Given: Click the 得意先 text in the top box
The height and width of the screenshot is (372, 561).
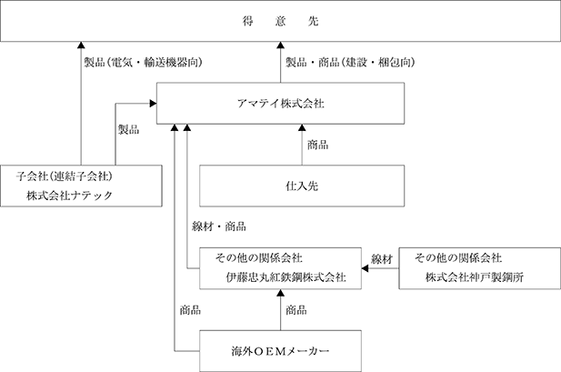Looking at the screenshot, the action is point(280,22).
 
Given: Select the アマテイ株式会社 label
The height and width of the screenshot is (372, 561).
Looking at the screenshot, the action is point(280,104).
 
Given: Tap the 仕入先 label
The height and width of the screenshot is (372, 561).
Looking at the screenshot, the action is point(302,186).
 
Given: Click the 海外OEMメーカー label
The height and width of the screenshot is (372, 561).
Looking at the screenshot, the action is point(280,352).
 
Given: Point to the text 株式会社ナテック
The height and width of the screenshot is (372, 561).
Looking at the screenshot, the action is point(70,196).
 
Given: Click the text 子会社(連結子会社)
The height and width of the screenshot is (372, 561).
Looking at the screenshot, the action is point(65,176).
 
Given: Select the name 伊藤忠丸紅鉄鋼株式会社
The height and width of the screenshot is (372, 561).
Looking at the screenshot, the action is point(286,277).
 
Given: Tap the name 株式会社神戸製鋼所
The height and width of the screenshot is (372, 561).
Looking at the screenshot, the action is point(475,277).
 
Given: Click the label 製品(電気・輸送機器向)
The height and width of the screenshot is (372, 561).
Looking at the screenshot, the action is point(143,63).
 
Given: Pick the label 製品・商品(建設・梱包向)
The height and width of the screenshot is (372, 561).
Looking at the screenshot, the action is point(350,63).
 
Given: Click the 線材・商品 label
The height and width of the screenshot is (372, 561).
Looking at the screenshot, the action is point(219,226).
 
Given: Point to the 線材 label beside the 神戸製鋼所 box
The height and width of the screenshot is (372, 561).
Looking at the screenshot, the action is point(382,259).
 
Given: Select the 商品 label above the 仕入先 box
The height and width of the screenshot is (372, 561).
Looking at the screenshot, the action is point(317,145).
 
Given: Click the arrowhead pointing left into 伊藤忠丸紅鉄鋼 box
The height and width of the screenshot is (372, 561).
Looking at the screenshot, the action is point(365,268).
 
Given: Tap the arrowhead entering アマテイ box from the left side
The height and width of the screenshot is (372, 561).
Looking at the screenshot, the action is point(153,104).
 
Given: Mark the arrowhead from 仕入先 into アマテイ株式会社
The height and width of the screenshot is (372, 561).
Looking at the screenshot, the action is point(302,128).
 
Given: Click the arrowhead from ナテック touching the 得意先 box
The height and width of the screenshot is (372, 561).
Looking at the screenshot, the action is point(81,45).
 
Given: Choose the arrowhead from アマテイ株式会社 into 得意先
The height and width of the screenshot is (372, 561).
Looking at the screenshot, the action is point(280,45).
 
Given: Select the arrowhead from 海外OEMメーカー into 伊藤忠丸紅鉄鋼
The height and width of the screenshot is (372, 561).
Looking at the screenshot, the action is point(280,293).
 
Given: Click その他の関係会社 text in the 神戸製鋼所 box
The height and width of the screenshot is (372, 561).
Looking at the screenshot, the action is point(458,257).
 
